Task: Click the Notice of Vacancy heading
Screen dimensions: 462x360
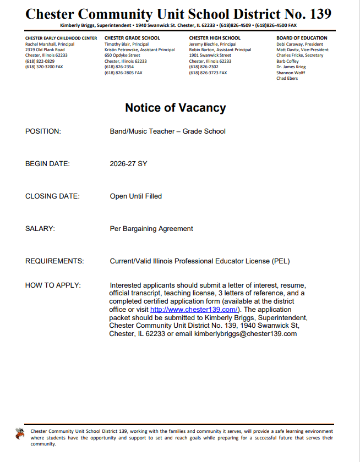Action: point(175,107)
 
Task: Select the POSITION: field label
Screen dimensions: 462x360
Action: point(43,131)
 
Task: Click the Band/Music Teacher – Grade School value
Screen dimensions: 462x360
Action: point(167,131)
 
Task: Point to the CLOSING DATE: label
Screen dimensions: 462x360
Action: point(52,196)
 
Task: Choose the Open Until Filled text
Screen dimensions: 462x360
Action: point(135,196)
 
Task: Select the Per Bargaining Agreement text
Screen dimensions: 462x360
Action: point(151,229)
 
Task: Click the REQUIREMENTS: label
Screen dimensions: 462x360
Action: point(54,261)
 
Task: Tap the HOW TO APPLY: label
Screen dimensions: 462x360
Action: point(53,285)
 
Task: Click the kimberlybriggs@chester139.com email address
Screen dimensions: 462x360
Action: point(246,334)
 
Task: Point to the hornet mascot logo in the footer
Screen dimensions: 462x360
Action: point(20,433)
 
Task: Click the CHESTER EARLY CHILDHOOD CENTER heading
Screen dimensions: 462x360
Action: point(61,38)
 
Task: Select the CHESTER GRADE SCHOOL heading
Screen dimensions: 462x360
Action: point(132,38)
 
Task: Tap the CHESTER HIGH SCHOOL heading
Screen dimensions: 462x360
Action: point(215,38)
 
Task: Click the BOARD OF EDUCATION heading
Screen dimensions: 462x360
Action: point(302,38)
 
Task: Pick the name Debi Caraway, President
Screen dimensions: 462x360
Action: point(300,44)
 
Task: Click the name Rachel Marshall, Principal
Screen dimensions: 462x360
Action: point(50,44)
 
